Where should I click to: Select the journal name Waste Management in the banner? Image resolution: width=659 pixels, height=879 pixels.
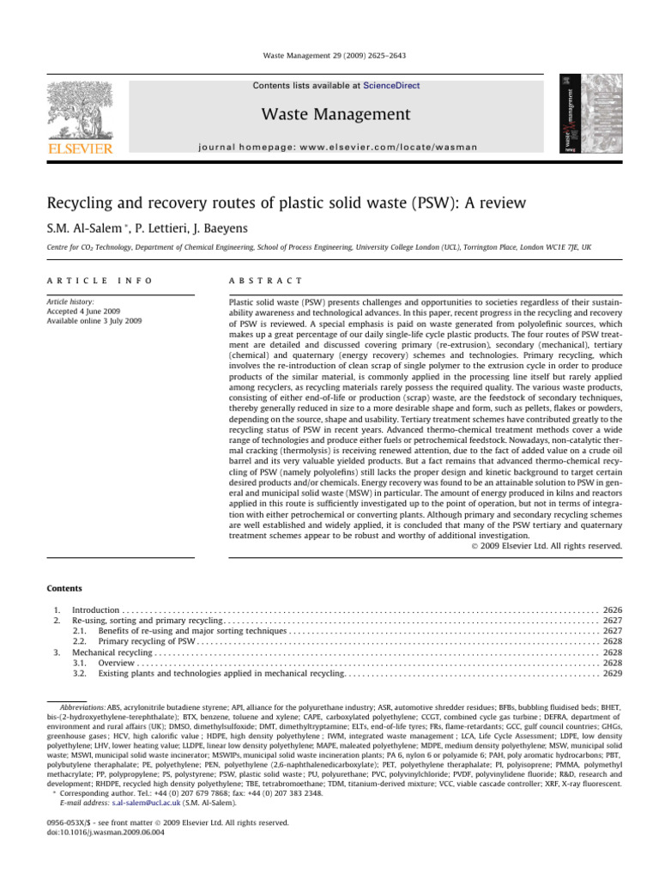pos(329,114)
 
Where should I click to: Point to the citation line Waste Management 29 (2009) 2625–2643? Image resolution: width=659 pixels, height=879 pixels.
pos(329,56)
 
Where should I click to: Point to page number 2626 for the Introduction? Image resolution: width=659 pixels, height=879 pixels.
pos(613,609)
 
